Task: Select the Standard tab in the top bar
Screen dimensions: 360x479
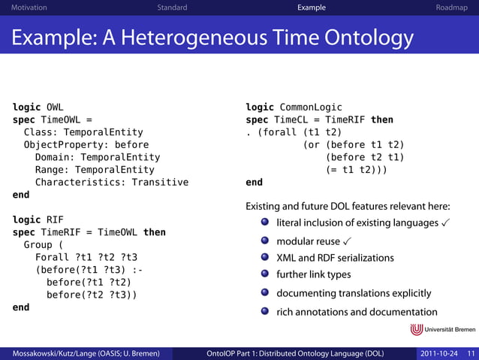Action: click(x=172, y=8)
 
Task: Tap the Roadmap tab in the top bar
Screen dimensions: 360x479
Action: click(x=453, y=8)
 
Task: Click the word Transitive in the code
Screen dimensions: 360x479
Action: click(x=160, y=182)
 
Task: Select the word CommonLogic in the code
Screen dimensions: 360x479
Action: click(x=309, y=107)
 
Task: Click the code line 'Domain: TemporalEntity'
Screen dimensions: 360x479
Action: click(x=98, y=157)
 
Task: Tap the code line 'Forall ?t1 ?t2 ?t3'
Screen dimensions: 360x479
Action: click(x=86, y=257)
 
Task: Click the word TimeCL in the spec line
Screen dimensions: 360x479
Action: click(x=292, y=119)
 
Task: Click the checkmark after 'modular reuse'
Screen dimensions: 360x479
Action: click(x=346, y=241)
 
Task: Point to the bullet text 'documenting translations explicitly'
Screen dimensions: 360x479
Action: click(x=354, y=293)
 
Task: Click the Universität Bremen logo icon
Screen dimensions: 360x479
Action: click(x=416, y=329)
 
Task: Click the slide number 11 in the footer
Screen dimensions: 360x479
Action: click(x=471, y=353)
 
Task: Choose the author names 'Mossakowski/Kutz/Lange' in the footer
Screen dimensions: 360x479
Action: click(x=46, y=353)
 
